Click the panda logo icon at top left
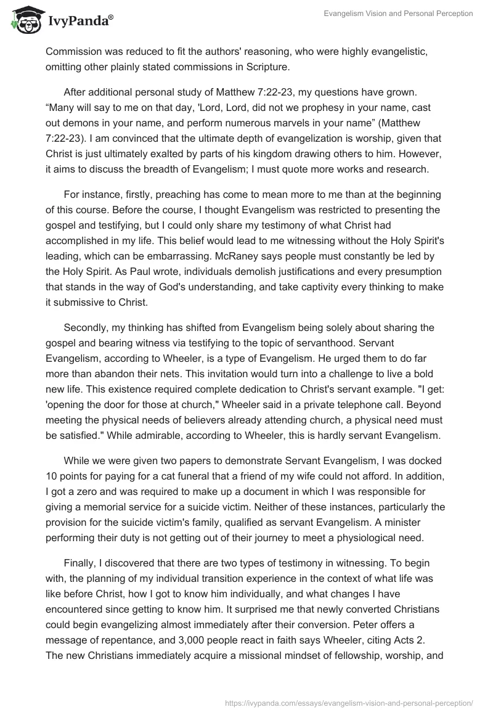24,20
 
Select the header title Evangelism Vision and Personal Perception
398,14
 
